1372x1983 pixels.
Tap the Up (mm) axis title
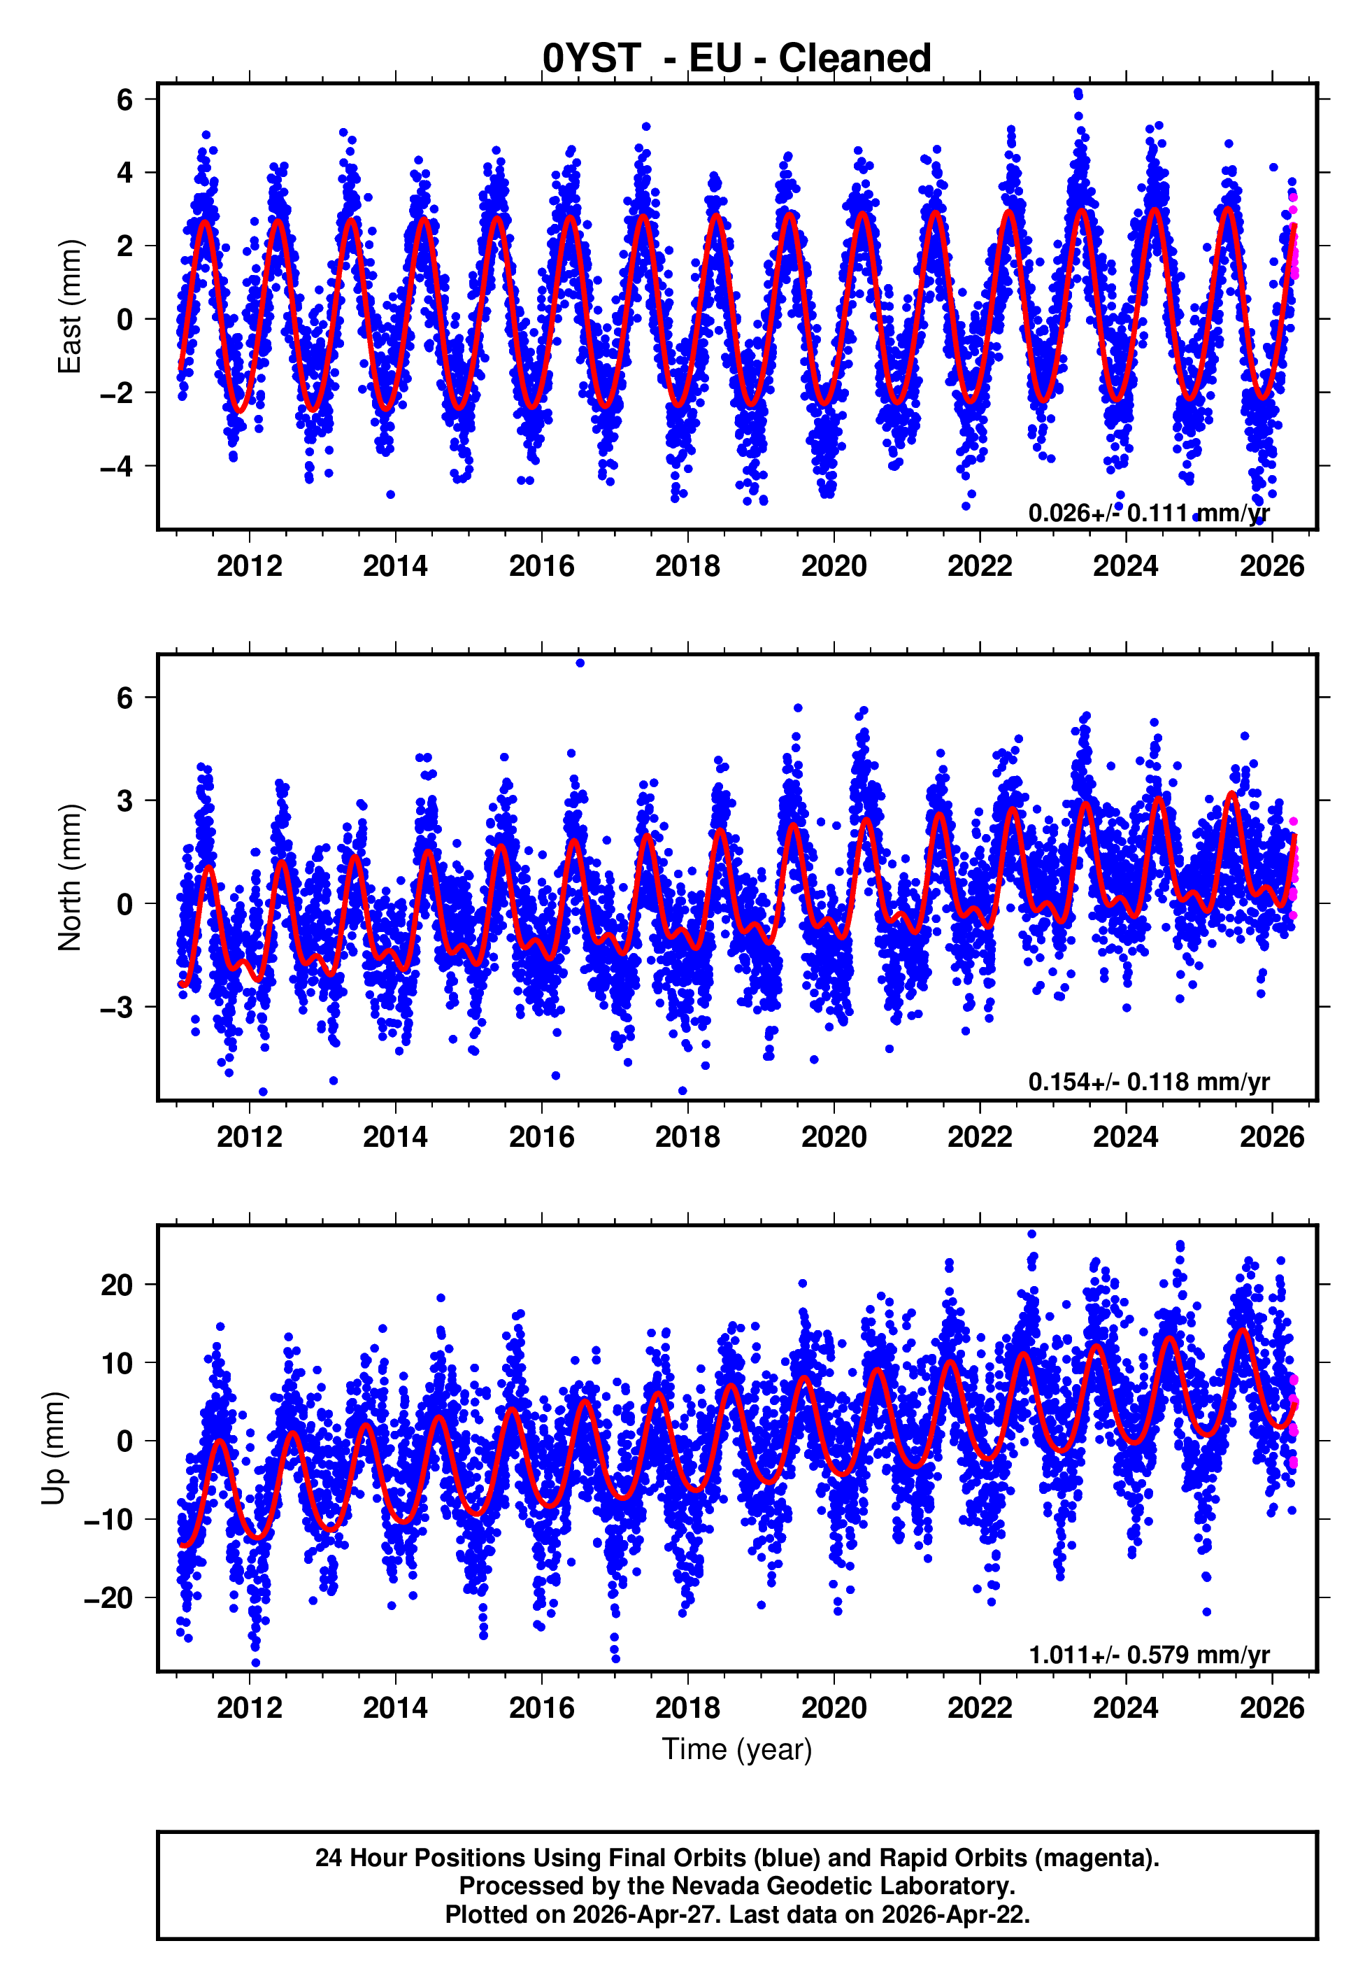pos(53,1448)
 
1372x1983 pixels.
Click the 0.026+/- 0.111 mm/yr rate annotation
pos(1148,514)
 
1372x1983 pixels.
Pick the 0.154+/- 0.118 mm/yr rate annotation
pos(1148,1082)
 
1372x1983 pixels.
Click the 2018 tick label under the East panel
pos(687,566)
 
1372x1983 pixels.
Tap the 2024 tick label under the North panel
pos(1125,1137)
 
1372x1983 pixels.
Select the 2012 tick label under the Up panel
pos(250,1708)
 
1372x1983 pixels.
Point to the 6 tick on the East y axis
pos(125,100)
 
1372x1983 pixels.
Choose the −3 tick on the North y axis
pos(117,1007)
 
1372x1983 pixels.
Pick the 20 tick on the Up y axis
pos(117,1285)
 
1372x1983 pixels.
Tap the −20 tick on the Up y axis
pos(108,1597)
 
